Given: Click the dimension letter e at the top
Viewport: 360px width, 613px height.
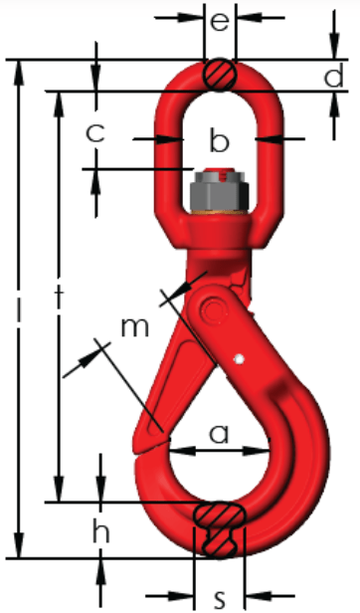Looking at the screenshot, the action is pos(220,22).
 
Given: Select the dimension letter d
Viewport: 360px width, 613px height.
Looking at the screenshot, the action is pos(334,75).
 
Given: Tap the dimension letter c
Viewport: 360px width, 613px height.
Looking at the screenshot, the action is pos(95,133).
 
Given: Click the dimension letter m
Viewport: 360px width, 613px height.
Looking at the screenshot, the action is pos(135,327).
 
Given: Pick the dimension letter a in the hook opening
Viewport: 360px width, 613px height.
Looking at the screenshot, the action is pos(220,434).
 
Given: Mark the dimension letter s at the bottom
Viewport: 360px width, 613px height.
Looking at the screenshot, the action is pos(221,597).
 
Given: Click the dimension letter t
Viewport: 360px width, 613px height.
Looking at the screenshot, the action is pos(59,299).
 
